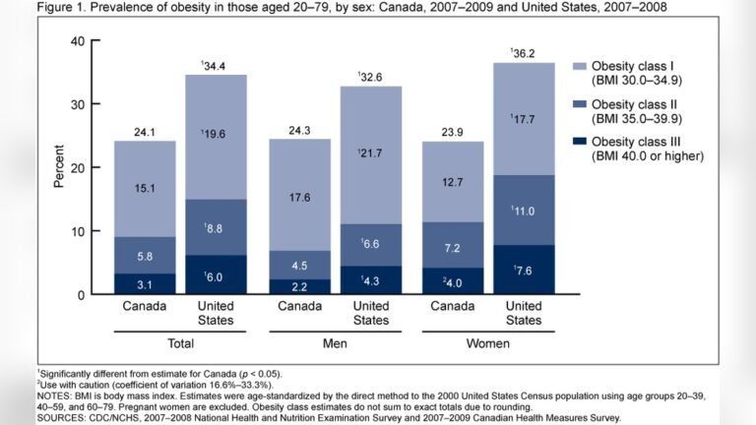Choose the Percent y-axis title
pyautogui.click(x=58, y=167)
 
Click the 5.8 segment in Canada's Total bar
pyautogui.click(x=145, y=255)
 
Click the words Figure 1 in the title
pyautogui.click(x=61, y=8)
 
